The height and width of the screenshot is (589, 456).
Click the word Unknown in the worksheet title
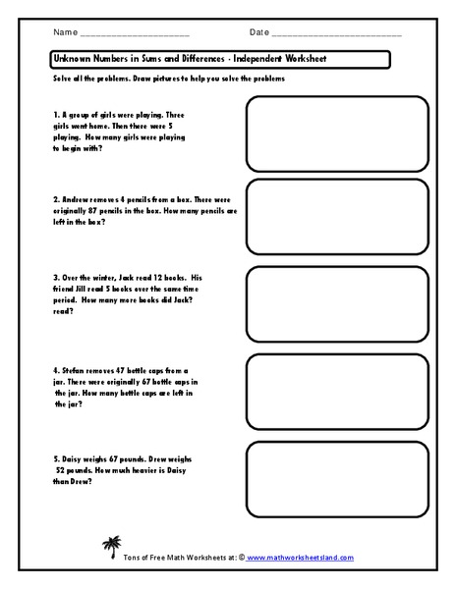tap(75, 60)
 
